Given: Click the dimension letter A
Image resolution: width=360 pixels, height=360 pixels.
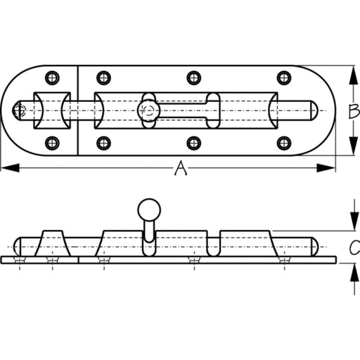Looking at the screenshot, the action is pyautogui.click(x=181, y=168).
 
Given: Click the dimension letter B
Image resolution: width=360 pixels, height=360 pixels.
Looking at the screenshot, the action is pyautogui.click(x=354, y=111).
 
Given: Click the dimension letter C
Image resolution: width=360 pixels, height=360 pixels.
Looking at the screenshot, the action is pyautogui.click(x=354, y=247).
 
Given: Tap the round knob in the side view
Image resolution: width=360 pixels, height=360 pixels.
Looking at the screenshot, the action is pyautogui.click(x=149, y=210).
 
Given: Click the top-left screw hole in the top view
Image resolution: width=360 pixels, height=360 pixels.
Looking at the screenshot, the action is pyautogui.click(x=52, y=77).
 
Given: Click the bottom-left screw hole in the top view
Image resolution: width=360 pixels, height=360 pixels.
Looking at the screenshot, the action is pyautogui.click(x=52, y=143).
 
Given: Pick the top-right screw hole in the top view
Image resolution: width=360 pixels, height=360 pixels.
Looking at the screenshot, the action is pyautogui.click(x=284, y=77).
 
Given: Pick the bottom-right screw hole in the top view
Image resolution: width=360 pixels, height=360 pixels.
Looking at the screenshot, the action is pyautogui.click(x=284, y=143).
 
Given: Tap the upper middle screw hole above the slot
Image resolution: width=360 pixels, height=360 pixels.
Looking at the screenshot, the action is pyautogui.click(x=194, y=77).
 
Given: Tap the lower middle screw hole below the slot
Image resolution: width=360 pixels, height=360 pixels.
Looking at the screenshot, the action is pyautogui.click(x=194, y=143).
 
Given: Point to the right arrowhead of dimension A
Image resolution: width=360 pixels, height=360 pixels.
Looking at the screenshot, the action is pyautogui.click(x=326, y=168).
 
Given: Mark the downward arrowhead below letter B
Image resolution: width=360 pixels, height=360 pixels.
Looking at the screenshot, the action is pyautogui.click(x=354, y=146).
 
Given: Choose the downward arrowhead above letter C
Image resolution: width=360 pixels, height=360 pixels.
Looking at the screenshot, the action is pyautogui.click(x=354, y=221).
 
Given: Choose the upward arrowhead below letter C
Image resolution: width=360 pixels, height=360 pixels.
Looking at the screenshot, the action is pyautogui.click(x=354, y=273).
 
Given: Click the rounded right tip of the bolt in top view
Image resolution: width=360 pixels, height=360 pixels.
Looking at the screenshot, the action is pyautogui.click(x=315, y=110).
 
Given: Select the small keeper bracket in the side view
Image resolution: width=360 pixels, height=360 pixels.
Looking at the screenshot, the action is pyautogui.click(x=53, y=243).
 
